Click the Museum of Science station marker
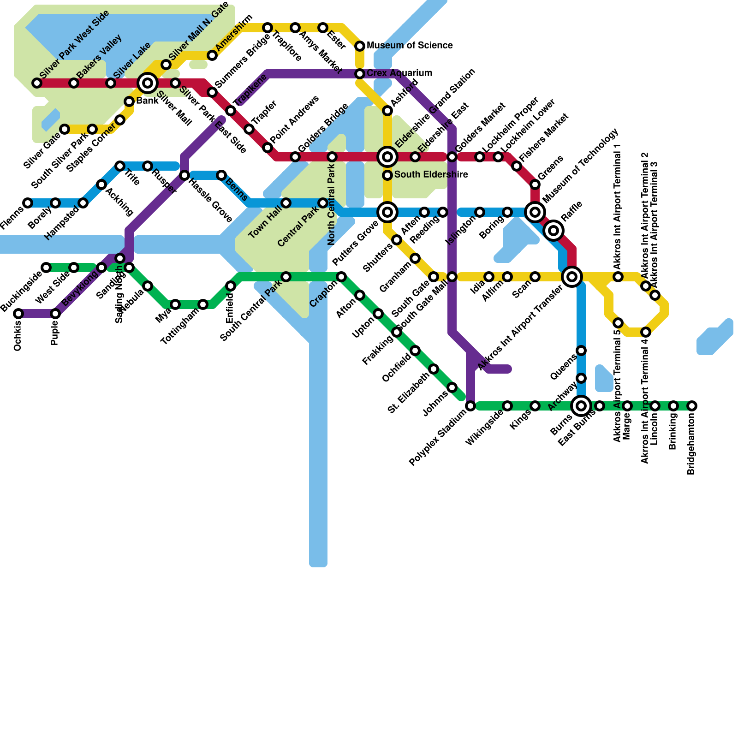(x=360, y=46)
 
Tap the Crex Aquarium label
(x=399, y=73)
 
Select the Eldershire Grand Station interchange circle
(x=387, y=157)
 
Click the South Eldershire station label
(x=431, y=175)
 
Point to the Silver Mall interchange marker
(x=148, y=83)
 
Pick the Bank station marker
(x=129, y=101)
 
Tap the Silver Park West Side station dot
(x=37, y=83)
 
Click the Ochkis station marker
(x=18, y=314)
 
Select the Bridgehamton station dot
(x=692, y=406)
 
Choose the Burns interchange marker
(x=581, y=406)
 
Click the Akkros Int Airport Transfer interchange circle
(x=572, y=277)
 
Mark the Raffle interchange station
(x=553, y=230)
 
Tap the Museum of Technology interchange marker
(x=535, y=212)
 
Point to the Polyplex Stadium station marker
(x=470, y=406)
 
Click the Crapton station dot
(x=341, y=277)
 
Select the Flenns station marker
(x=28, y=203)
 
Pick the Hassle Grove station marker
(x=184, y=175)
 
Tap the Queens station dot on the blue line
(x=581, y=351)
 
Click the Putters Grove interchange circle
(x=387, y=212)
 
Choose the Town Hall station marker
(x=286, y=203)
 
